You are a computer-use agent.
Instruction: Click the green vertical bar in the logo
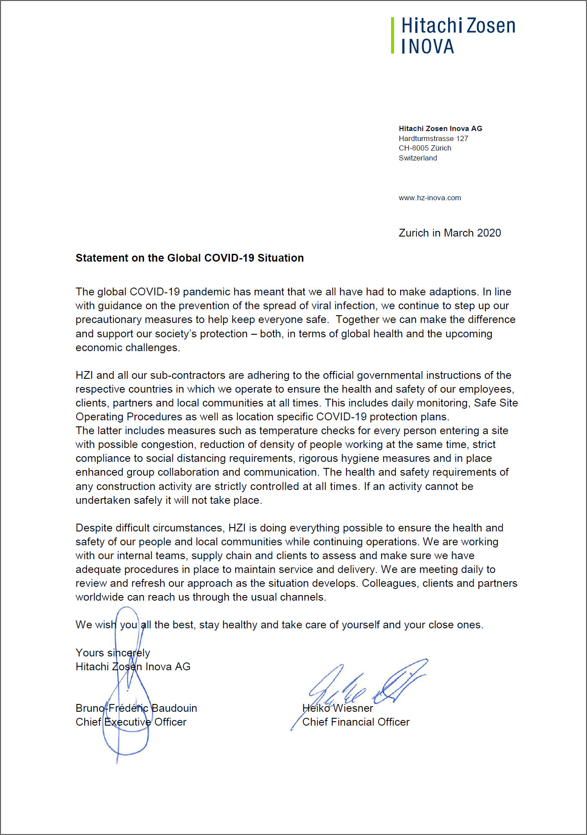392,35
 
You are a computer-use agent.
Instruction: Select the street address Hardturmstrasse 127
433,138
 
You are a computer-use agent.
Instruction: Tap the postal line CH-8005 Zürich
425,148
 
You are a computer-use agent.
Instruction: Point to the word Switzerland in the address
418,158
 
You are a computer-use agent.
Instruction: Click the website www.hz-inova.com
430,198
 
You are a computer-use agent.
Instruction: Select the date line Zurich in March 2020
449,233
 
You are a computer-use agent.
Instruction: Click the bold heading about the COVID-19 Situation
189,258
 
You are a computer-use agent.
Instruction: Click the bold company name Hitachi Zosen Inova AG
440,128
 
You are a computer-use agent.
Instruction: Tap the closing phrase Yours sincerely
112,653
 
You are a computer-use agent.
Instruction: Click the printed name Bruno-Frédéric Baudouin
136,708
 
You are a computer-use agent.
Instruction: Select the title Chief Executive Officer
131,722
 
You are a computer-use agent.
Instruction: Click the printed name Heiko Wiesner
337,708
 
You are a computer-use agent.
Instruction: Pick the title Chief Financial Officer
356,722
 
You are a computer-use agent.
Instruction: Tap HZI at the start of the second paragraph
84,375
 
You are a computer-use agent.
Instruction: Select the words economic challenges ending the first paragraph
127,347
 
